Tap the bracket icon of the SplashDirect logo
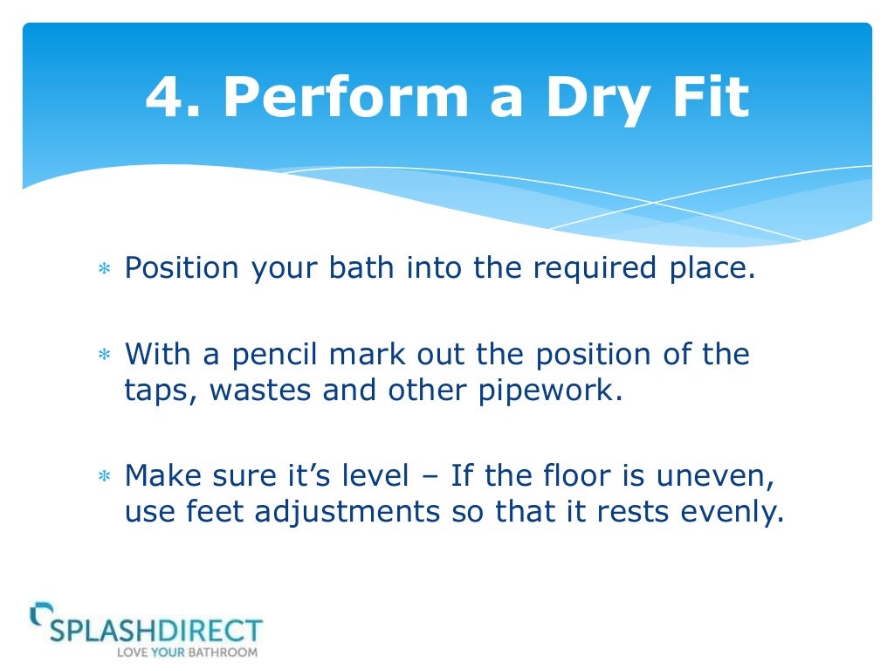tap(38, 613)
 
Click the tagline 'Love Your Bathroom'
tap(188, 652)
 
